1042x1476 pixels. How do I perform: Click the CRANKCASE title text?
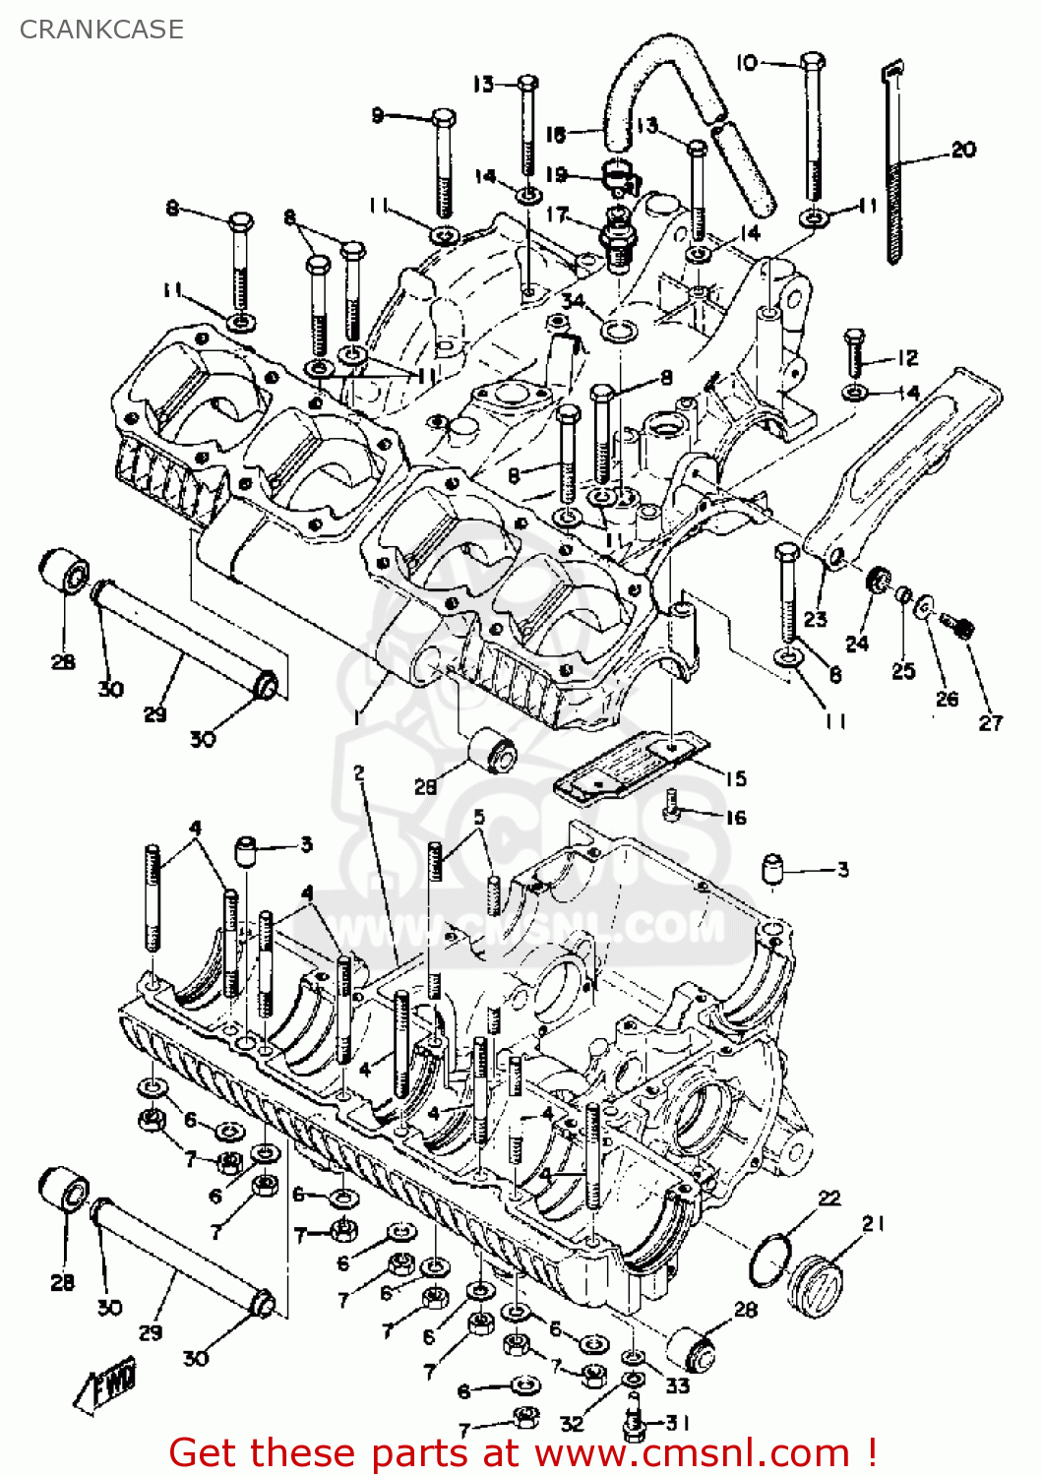tap(101, 30)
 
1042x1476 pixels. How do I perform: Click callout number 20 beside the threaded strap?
tap(963, 149)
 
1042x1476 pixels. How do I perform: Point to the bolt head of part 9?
tap(443, 118)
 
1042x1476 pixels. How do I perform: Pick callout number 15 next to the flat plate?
tap(735, 778)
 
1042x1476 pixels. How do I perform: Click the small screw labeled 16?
tap(673, 804)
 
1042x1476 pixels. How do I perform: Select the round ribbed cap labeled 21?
tap(816, 1280)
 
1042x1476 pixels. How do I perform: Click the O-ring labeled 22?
tap(769, 1261)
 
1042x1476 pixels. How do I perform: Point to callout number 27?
tap(990, 722)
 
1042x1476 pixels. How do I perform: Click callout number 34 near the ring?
tap(572, 301)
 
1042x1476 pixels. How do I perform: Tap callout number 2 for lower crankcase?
tap(359, 773)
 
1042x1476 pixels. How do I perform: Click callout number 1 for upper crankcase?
tap(355, 716)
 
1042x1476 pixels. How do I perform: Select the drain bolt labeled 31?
tap(634, 1422)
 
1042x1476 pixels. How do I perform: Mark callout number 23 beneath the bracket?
tap(815, 618)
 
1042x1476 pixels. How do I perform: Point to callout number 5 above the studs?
tap(479, 817)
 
